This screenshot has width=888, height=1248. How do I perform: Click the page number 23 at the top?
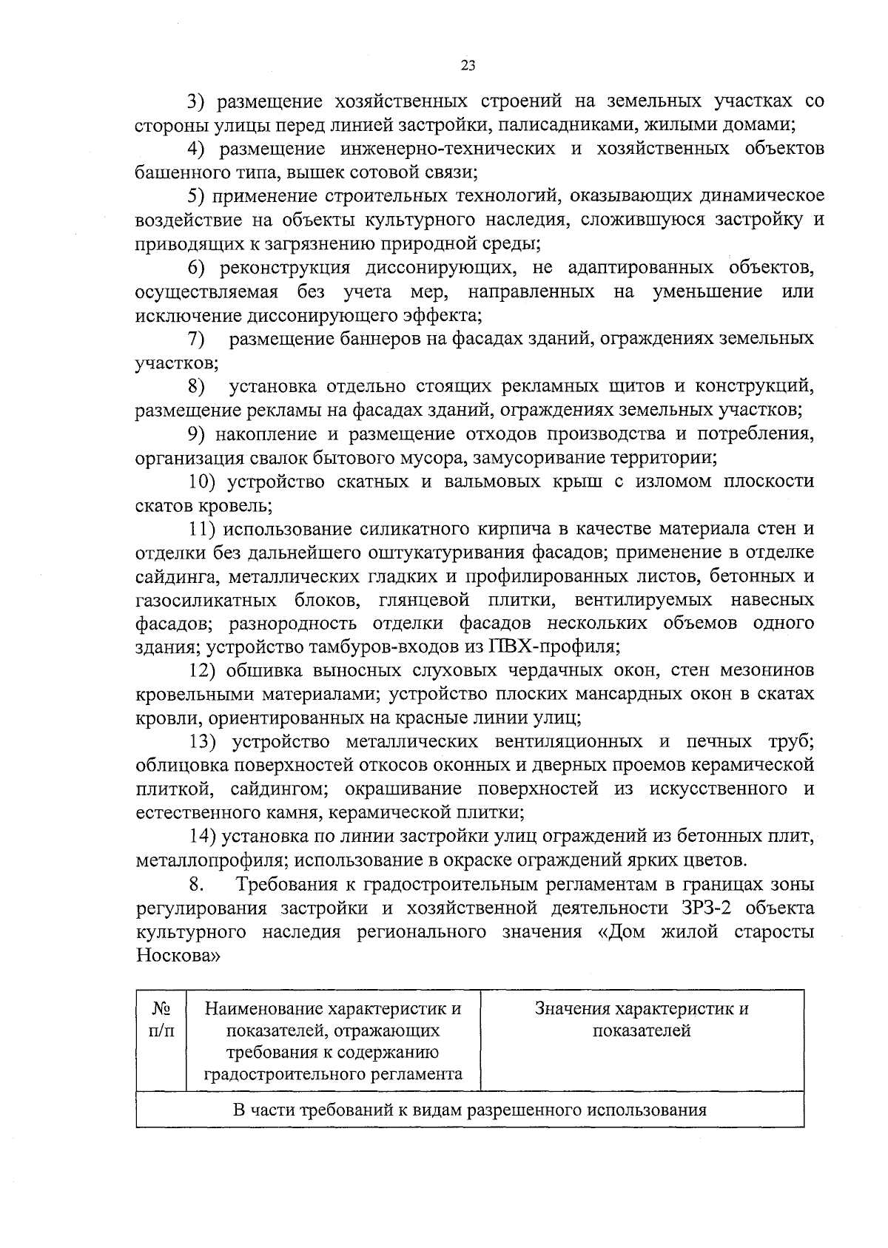click(468, 65)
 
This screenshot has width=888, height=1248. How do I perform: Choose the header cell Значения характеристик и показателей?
click(642, 1019)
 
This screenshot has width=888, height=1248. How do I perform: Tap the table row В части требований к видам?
click(469, 1110)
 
